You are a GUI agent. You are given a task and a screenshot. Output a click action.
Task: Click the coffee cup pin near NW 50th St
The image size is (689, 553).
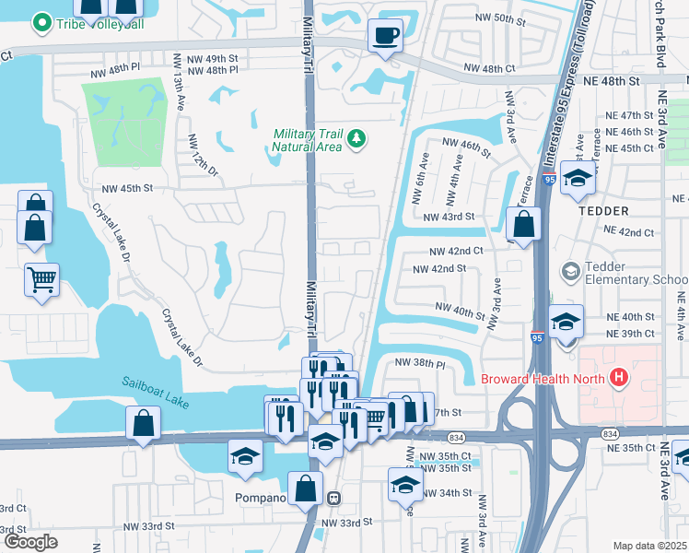point(385,36)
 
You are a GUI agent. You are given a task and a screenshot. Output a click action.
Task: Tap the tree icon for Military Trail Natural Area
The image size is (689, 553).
point(356,139)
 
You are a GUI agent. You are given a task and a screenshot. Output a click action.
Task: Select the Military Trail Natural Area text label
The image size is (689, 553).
point(308,140)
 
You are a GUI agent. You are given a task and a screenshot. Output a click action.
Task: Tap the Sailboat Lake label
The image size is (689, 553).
point(153,384)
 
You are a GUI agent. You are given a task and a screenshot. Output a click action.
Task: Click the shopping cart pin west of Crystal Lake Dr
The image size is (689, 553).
point(42,278)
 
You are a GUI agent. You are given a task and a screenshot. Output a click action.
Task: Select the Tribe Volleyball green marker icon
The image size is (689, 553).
point(41,22)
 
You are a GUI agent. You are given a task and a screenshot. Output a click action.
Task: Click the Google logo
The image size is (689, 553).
point(30,541)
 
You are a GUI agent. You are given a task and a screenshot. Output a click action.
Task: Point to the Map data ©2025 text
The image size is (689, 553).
point(648,545)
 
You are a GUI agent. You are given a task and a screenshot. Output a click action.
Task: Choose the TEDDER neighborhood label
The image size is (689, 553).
point(602,210)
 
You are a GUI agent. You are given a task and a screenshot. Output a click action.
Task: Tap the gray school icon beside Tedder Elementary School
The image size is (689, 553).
point(570,271)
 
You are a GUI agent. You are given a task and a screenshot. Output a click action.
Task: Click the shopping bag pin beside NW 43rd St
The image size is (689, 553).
point(523,222)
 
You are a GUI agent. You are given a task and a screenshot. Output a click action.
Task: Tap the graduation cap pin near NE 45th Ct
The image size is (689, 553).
point(578,179)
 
